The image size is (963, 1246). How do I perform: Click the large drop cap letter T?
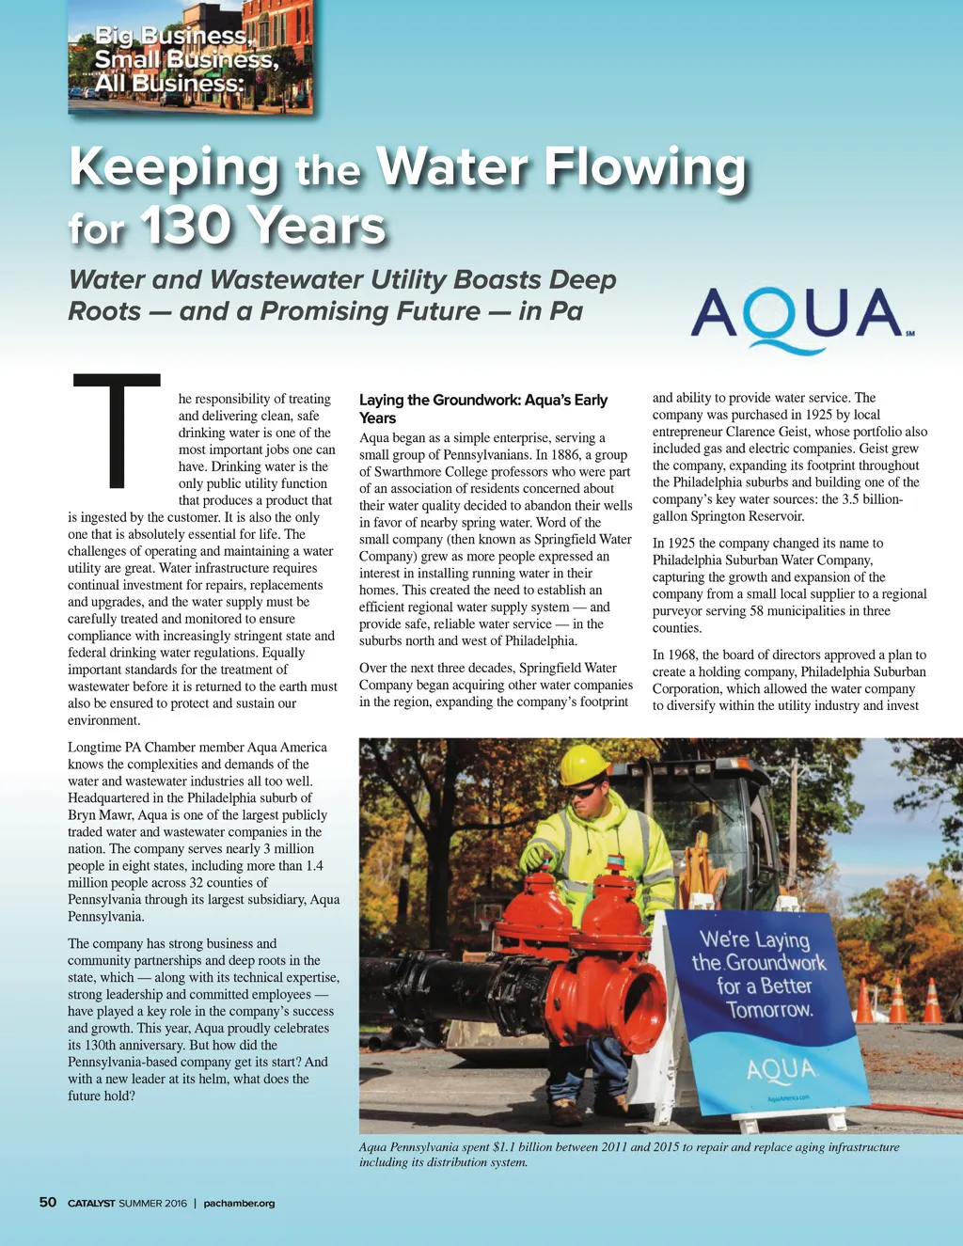(117, 431)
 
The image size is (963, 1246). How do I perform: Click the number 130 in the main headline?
(186, 227)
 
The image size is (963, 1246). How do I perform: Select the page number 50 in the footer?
(48, 1203)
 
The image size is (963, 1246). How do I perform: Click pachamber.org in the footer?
(239, 1204)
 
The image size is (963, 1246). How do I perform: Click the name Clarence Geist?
(763, 432)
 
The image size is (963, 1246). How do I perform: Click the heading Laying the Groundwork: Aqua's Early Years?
(483, 409)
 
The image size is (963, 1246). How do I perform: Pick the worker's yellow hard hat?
(583, 765)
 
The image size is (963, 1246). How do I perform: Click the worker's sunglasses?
(582, 794)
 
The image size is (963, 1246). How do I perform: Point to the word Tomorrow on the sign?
(768, 1010)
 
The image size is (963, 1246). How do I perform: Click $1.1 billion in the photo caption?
(522, 1147)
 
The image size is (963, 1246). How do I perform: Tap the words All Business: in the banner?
(168, 84)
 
